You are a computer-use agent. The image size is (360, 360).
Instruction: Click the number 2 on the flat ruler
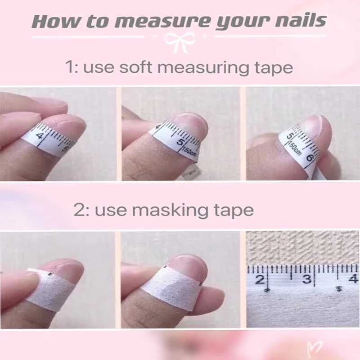(x=259, y=280)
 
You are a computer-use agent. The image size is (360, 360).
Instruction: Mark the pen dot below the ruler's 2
(x=267, y=290)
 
